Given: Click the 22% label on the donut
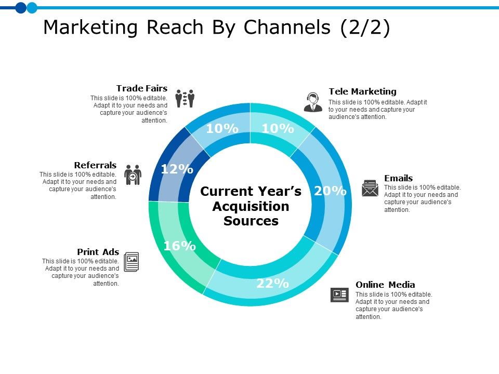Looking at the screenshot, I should pos(272,284).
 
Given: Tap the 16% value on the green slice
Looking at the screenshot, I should pos(179,246).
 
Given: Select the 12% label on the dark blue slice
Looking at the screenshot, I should pos(177,169).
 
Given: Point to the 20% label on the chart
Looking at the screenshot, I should pos(330,191).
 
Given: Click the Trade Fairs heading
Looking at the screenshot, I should pos(142,88).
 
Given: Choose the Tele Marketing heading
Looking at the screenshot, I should pos(362,91).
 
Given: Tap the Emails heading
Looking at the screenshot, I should pos(398,178).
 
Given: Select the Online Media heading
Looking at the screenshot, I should pos(385,285).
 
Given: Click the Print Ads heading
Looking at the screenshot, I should pos(98,252).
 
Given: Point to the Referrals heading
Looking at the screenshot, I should pos(95,165).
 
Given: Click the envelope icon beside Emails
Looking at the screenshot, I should pos(370,188).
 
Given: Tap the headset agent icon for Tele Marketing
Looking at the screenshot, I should pos(313,102).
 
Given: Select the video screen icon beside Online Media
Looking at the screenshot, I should pos(339,295).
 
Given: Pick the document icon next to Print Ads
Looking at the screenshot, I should pos(132,262).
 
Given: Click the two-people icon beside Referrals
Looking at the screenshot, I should pos(133,175).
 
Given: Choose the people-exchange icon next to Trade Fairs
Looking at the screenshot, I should pos(185,98).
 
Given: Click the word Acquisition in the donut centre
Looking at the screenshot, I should pos(251,206).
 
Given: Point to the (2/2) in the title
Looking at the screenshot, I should pos(365,28).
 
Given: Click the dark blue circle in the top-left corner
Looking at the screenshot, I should pos(21,7).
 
